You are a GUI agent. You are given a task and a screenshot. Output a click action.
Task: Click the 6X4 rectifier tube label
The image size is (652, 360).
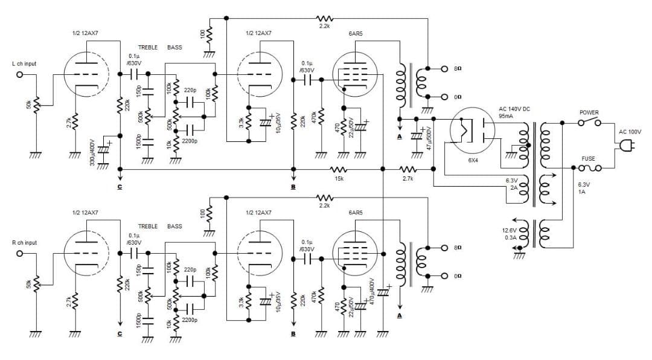(x=473, y=161)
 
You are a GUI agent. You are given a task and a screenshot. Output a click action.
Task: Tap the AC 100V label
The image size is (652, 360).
(x=630, y=131)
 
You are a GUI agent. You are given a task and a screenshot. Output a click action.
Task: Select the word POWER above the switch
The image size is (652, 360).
(x=589, y=112)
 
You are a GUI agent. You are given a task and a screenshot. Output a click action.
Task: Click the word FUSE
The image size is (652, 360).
(x=588, y=159)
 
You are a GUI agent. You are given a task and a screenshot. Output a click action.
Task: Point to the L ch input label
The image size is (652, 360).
(x=24, y=63)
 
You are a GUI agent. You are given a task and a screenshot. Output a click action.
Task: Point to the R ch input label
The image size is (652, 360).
(x=24, y=243)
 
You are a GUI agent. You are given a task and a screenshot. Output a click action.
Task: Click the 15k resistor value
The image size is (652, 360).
(x=339, y=179)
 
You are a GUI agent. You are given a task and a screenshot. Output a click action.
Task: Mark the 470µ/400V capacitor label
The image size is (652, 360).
(x=373, y=293)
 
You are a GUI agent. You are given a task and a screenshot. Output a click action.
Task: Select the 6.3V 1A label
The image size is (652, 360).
(x=584, y=188)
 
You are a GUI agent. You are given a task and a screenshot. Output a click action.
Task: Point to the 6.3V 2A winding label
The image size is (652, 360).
(x=512, y=184)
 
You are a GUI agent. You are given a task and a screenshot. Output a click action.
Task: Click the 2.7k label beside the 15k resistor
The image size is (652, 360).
(x=408, y=179)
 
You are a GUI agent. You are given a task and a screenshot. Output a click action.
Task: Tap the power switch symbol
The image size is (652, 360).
(x=589, y=123)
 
